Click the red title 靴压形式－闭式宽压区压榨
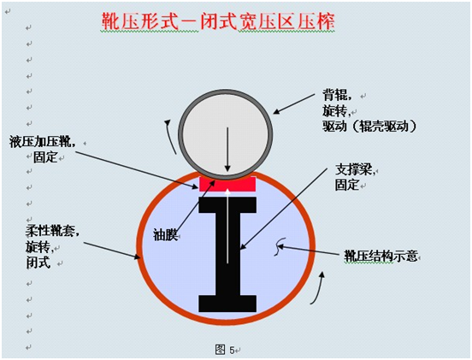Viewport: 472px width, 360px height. tap(218, 21)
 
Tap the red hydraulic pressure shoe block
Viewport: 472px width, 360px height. tap(227, 184)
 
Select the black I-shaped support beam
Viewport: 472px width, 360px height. tap(227, 255)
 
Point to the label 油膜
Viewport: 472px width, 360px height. tap(165, 234)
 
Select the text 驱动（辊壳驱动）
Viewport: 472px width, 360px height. tap(369, 126)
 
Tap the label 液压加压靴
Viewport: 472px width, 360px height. tap(41, 141)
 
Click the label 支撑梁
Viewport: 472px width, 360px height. tap(355, 170)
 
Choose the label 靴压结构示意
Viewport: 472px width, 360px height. tap(381, 257)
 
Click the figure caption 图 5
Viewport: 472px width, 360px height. tap(225, 350)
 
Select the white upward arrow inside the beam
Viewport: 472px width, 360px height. tap(227, 226)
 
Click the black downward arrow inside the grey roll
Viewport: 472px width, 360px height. tap(227, 150)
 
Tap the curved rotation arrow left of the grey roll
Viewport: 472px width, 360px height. tap(170, 137)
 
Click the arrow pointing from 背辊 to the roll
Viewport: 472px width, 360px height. tap(294, 103)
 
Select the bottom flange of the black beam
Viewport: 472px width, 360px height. tap(227, 304)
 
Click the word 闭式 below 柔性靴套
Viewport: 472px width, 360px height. tap(38, 263)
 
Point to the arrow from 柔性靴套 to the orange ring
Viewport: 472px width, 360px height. tap(112, 251)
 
